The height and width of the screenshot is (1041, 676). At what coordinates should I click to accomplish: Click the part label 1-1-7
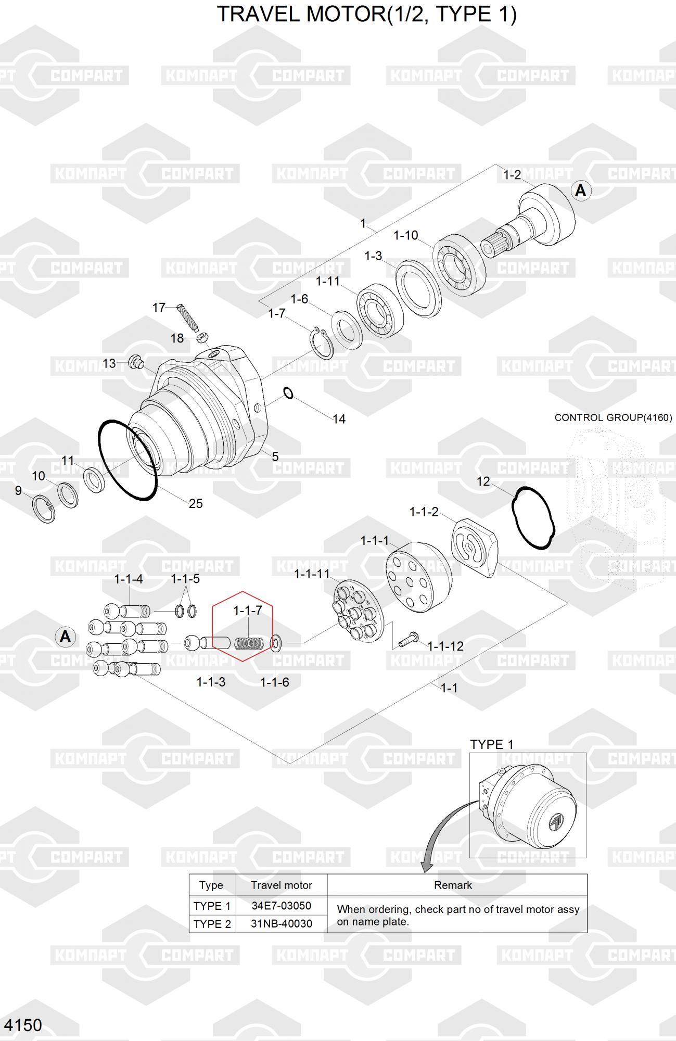(247, 610)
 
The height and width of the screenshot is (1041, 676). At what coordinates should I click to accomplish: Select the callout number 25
(196, 503)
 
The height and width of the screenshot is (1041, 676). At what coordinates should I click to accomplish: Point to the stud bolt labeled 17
(188, 318)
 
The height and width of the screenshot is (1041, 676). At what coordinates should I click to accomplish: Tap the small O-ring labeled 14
(288, 393)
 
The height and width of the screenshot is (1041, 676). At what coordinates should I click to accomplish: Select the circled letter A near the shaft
(580, 191)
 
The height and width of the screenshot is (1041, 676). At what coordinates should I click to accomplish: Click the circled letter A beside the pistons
(65, 637)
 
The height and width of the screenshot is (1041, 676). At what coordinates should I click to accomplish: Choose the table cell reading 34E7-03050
(282, 906)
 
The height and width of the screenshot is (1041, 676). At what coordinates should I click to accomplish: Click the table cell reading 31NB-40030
(282, 924)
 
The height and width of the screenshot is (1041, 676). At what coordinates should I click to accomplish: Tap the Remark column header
(453, 885)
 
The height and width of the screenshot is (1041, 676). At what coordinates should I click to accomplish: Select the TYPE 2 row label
(212, 924)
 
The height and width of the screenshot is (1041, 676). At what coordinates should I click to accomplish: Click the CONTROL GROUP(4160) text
(613, 417)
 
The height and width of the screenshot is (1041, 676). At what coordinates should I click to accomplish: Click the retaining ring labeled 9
(44, 509)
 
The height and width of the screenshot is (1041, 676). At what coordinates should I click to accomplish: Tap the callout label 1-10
(406, 235)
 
